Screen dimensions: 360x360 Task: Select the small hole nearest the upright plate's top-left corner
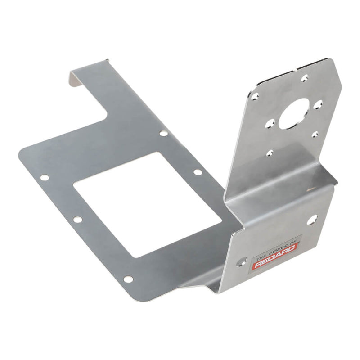coord(256,96)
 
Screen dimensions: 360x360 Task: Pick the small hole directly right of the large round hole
coord(319,104)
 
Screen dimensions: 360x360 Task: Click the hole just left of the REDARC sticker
coord(243,261)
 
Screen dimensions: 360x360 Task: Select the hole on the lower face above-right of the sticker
coord(311,220)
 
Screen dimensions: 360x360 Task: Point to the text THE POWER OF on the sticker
coord(269,256)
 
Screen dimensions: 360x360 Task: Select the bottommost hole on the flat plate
coord(128,279)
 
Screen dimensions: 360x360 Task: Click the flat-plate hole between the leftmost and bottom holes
coord(77,220)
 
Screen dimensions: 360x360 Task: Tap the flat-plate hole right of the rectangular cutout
coord(197,172)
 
